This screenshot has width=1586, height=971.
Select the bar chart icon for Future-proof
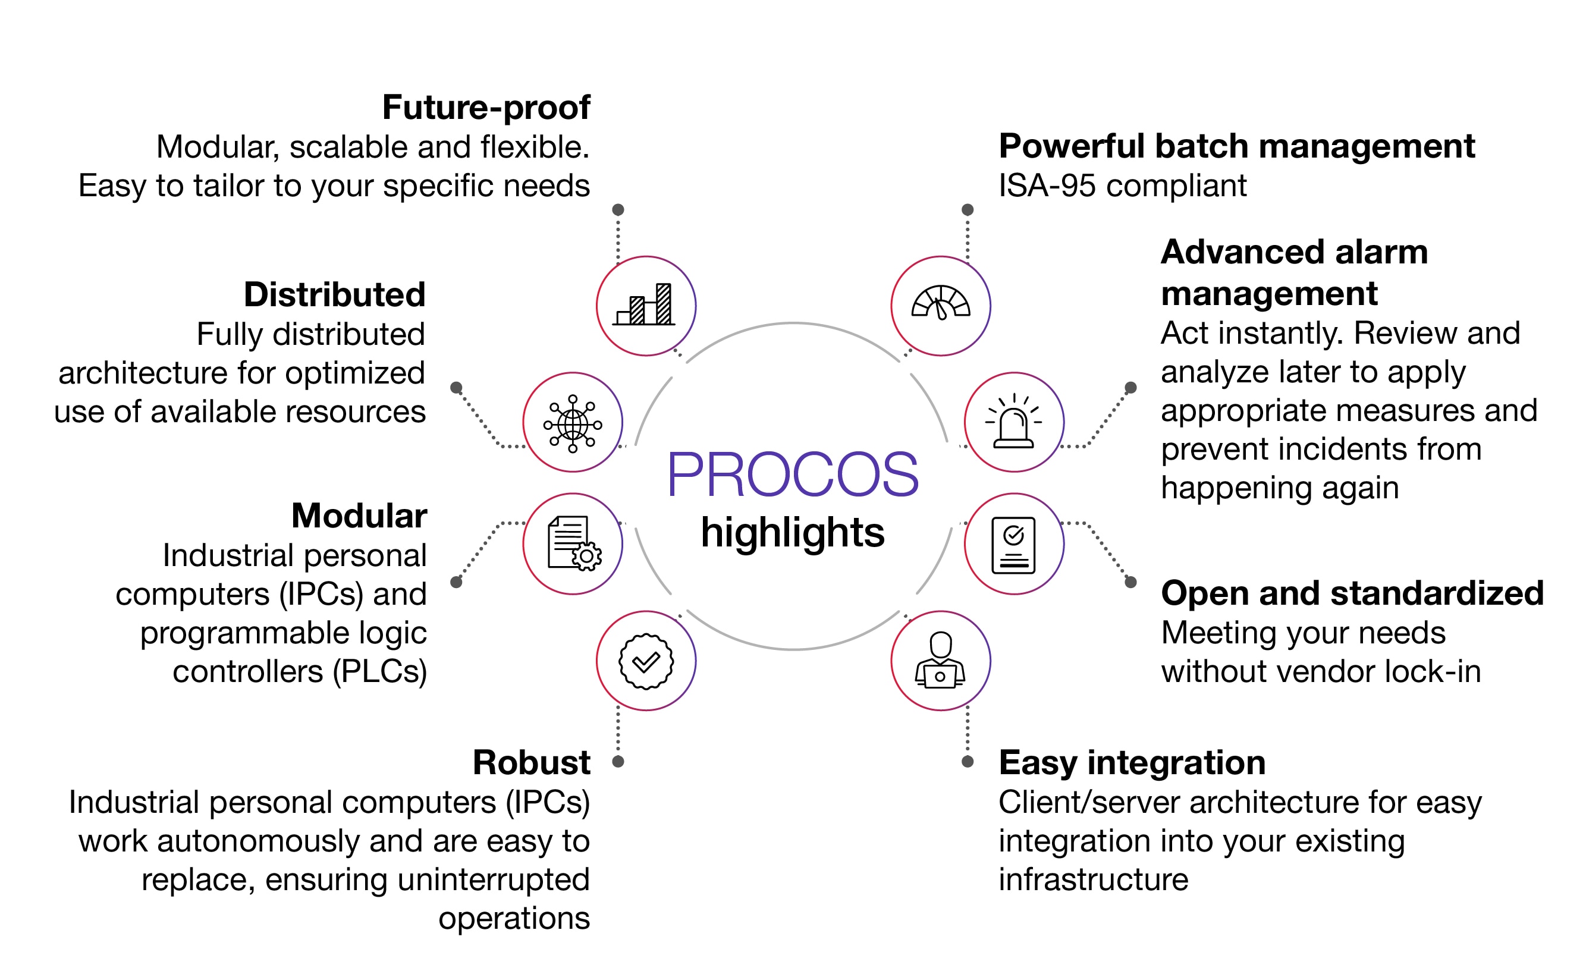pos(646,306)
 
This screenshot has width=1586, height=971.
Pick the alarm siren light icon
pos(1014,422)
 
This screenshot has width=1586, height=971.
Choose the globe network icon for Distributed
pos(572,423)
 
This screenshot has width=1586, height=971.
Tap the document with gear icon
pos(572,543)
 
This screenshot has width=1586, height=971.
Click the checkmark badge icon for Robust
pos(646,661)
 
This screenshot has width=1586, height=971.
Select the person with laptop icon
pos(940,661)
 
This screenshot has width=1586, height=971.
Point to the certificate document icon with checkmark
pos(1014,545)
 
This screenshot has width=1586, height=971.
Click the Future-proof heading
pos(486,107)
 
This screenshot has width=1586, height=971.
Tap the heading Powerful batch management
pos(1236,146)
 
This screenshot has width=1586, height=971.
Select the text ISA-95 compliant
pos(1122,186)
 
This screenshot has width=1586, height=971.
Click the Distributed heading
pos(335,295)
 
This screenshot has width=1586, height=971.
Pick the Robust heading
pos(531,762)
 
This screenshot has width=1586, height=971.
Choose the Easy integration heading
pos(1132,762)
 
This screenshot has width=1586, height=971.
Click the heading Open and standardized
pos(1352,593)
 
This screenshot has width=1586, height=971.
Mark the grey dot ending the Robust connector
pos(618,762)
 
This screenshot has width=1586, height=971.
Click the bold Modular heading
pos(359,516)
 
